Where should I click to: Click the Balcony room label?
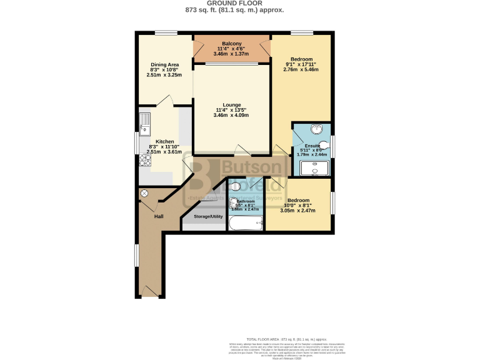click(231, 44)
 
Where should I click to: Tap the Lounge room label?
click(231, 105)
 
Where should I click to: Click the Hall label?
click(159, 216)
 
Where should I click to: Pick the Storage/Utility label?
click(208, 216)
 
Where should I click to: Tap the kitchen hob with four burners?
click(145, 161)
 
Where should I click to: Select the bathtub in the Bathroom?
click(246, 223)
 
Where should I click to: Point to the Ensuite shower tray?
click(315, 167)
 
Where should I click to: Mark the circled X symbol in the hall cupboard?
click(145, 194)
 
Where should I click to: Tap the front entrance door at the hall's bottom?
click(148, 291)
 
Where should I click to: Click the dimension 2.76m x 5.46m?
click(301, 71)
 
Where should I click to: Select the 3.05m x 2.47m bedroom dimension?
click(298, 212)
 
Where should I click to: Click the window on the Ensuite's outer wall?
click(332, 147)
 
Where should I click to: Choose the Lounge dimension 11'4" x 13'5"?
click(231, 111)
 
